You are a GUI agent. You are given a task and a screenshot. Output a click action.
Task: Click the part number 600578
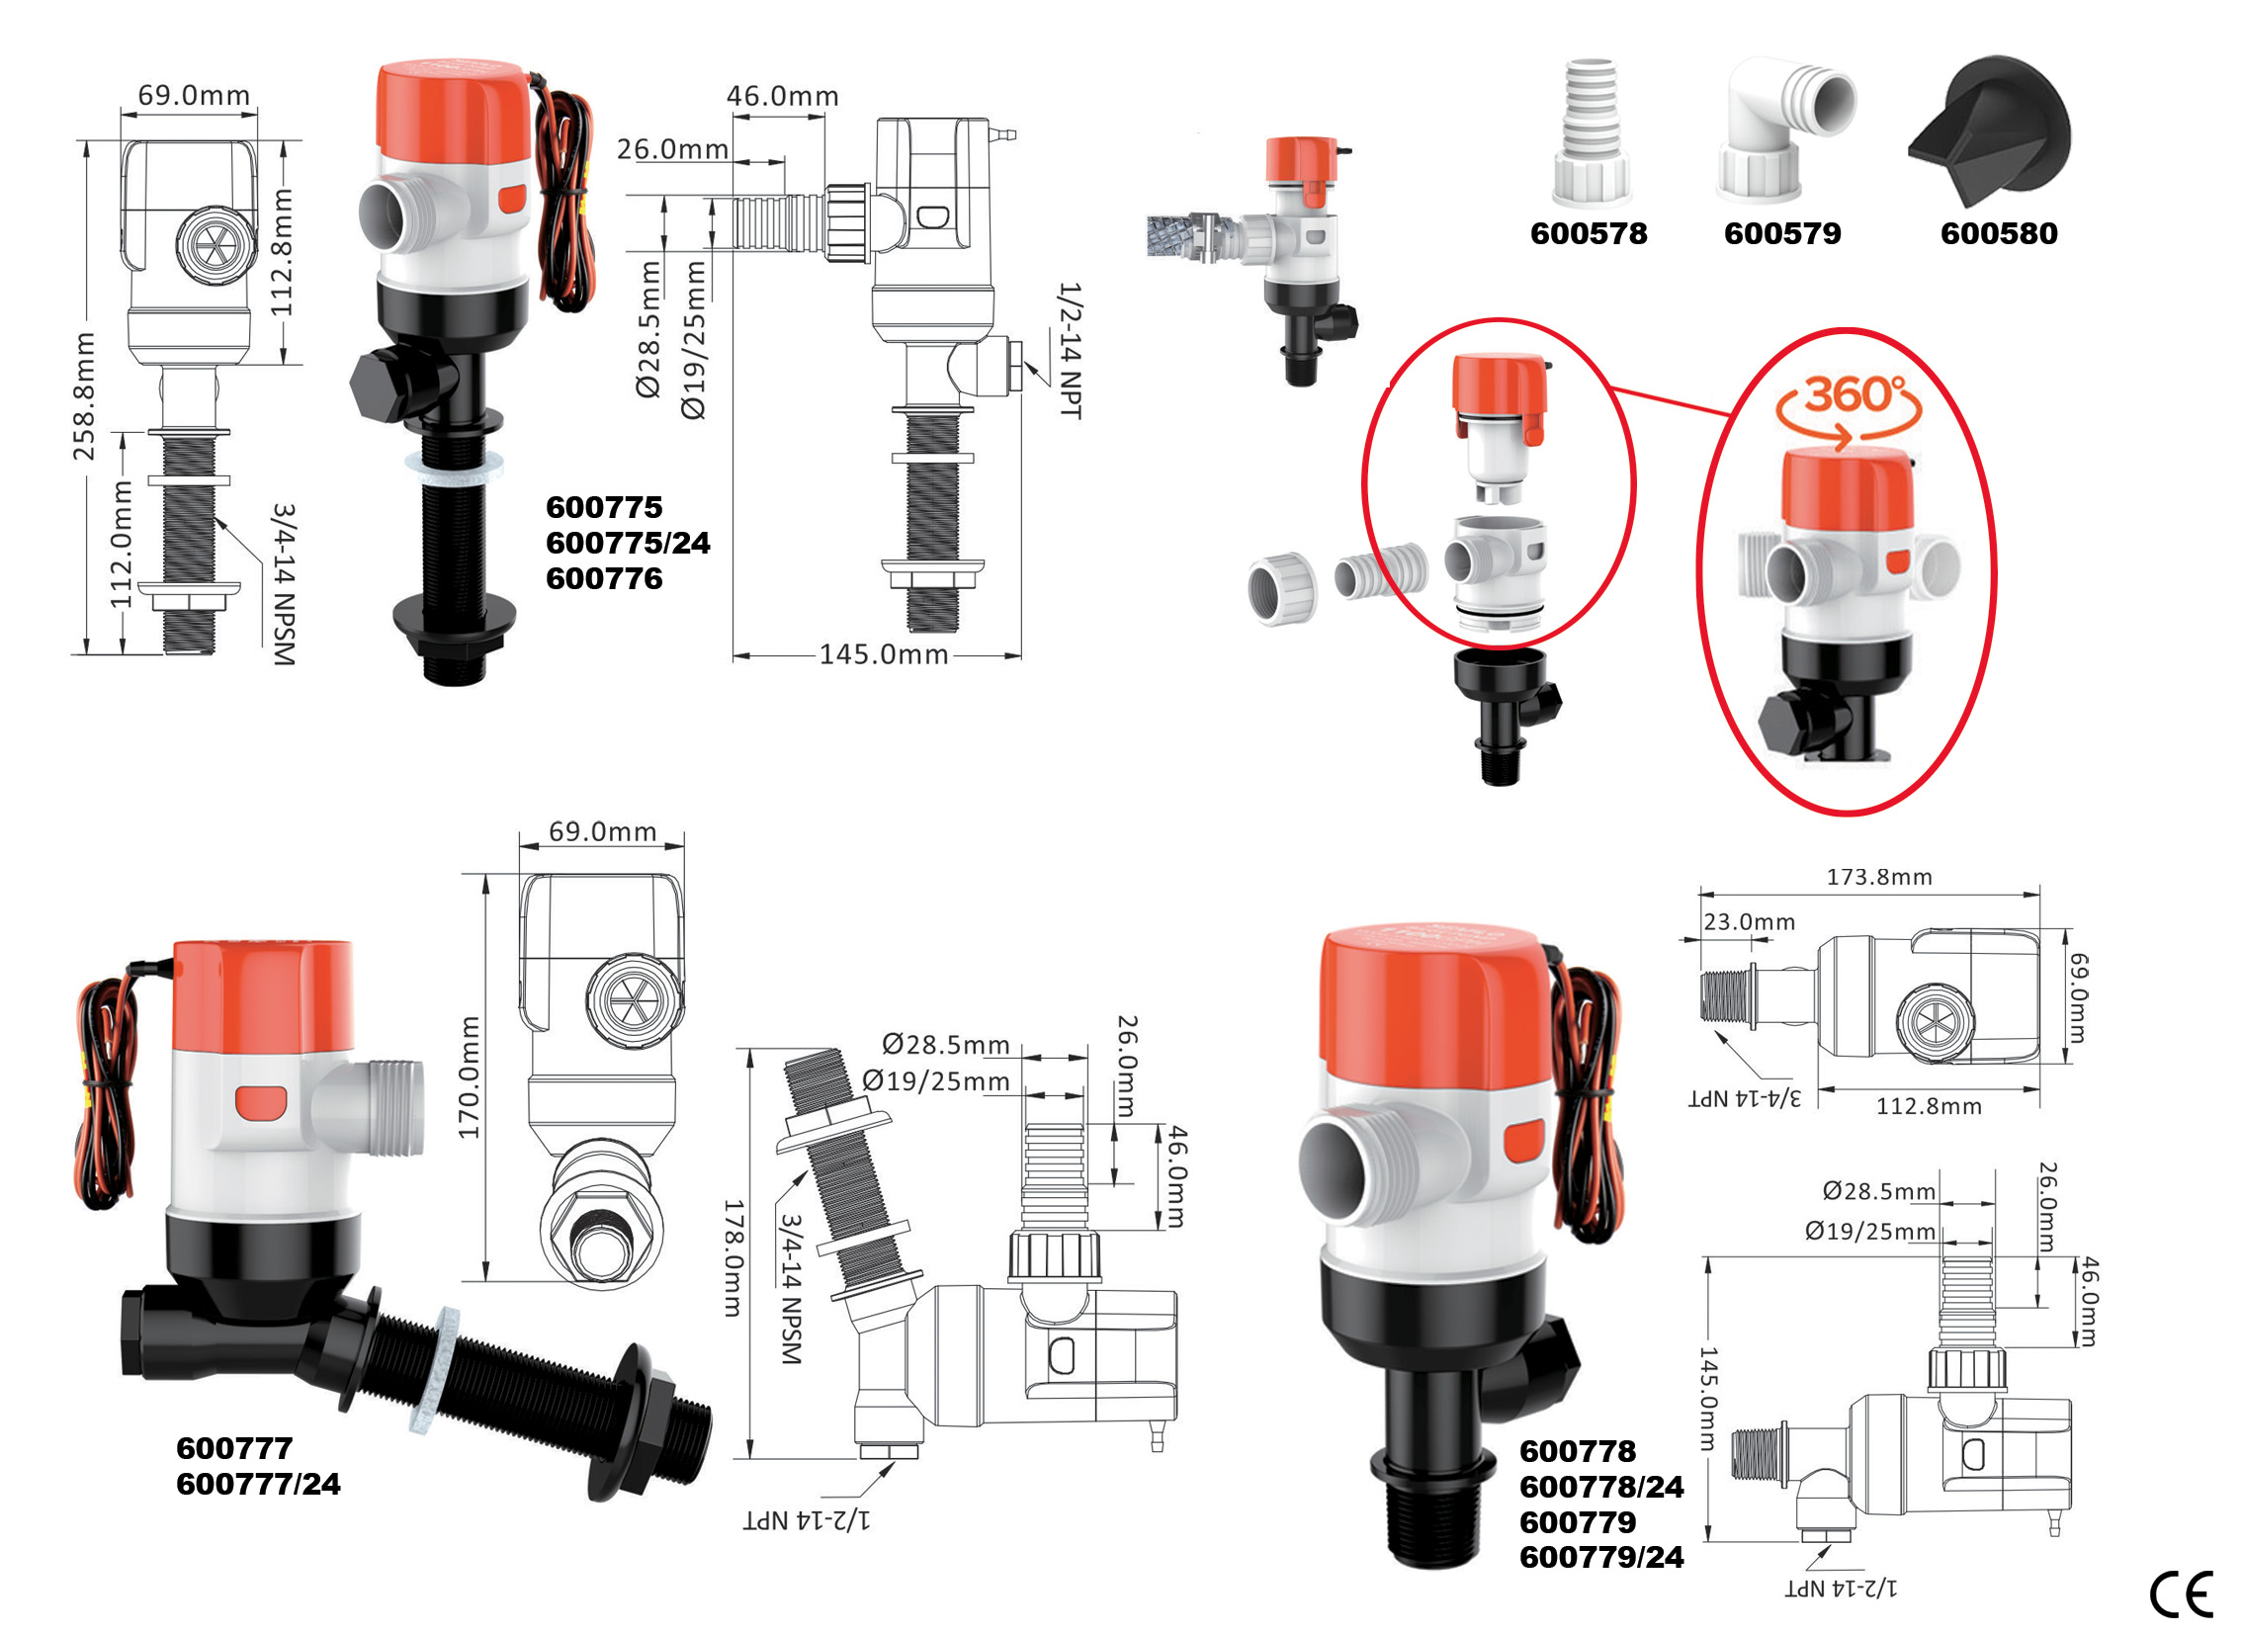pyautogui.click(x=1589, y=233)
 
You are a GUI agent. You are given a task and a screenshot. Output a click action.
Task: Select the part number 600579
pyautogui.click(x=1782, y=233)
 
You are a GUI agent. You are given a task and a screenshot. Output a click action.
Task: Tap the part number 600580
pyautogui.click(x=1999, y=233)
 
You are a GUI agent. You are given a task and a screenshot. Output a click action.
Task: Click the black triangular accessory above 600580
pyautogui.click(x=1990, y=130)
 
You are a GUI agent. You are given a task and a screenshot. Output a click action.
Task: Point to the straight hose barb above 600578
pyautogui.click(x=1592, y=130)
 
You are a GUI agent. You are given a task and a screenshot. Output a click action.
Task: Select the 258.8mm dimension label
pyautogui.click(x=85, y=396)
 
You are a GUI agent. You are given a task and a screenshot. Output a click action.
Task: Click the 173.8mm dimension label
pyautogui.click(x=1879, y=877)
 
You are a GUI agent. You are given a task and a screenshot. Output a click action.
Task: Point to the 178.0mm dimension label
pyautogui.click(x=733, y=1258)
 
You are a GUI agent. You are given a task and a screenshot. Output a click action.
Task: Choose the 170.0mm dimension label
pyautogui.click(x=470, y=1076)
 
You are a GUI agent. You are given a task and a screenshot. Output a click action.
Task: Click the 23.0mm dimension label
pyautogui.click(x=1749, y=922)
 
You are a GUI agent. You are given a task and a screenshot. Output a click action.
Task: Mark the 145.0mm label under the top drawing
pyautogui.click(x=883, y=654)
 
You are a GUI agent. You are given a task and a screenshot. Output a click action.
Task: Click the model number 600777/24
pyautogui.click(x=258, y=1485)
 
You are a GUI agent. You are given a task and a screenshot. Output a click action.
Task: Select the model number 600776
pyautogui.click(x=604, y=579)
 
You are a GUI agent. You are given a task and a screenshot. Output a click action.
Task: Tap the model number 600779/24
pyautogui.click(x=1601, y=1558)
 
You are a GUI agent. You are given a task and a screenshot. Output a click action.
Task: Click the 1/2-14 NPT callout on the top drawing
pyautogui.click(x=1071, y=350)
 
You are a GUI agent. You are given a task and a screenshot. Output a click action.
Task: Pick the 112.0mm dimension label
pyautogui.click(x=121, y=545)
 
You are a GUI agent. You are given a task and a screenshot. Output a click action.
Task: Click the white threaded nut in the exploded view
pyautogui.click(x=1282, y=590)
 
